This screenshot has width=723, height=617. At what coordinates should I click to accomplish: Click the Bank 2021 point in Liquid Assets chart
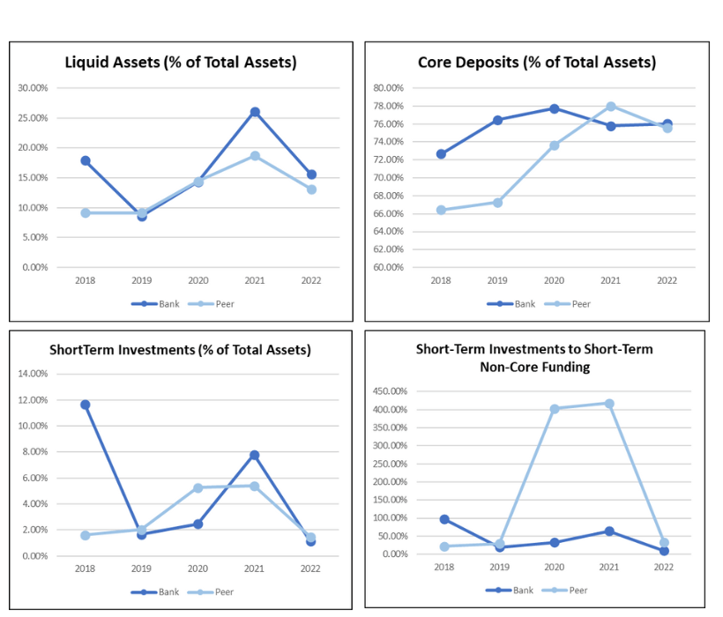[255, 112]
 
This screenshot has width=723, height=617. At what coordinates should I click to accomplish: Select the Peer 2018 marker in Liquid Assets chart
[86, 212]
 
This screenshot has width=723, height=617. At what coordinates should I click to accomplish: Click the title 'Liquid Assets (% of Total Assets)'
[181, 63]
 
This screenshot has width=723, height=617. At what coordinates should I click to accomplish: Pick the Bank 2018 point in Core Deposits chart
[441, 154]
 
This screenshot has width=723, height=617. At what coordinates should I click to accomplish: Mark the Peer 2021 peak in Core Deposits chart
[610, 106]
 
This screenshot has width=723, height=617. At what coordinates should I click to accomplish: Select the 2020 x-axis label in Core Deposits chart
[554, 280]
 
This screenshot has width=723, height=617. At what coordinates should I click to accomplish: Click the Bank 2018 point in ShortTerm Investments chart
[86, 405]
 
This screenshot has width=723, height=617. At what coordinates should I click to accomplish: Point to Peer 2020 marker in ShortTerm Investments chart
[198, 487]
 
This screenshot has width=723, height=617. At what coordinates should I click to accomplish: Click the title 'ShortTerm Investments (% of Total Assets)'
[181, 350]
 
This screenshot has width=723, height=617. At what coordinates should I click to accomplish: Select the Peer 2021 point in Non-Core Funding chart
[608, 404]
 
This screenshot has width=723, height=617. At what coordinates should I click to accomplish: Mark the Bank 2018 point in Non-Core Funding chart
[444, 519]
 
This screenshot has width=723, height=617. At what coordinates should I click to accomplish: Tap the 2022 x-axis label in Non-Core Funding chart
[664, 568]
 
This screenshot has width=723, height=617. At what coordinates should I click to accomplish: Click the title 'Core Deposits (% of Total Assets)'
[536, 63]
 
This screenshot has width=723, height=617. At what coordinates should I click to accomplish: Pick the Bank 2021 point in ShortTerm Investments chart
[255, 455]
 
